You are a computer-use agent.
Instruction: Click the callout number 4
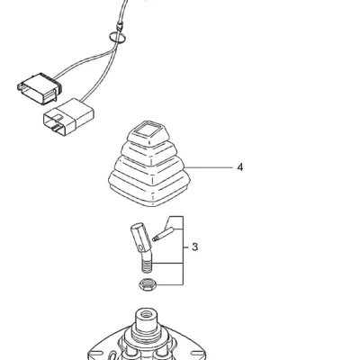tap(239, 167)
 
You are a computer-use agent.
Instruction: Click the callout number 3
tap(194, 247)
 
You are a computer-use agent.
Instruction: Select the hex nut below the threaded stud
tap(147, 284)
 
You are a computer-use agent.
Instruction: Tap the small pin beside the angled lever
tap(163, 234)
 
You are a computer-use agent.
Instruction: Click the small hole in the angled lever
tap(141, 248)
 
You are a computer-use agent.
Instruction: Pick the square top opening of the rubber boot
tap(147, 130)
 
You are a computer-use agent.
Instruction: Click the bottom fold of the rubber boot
tap(149, 191)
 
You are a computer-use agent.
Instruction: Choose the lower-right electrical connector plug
tap(68, 115)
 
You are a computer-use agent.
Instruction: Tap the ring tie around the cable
tap(117, 38)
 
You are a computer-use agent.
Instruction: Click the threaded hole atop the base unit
tap(147, 315)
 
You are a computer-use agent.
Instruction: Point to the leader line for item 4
tap(209, 167)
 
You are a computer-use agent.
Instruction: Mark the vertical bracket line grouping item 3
tap(183, 250)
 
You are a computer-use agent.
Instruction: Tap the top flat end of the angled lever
tap(137, 226)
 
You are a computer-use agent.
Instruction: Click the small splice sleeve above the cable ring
tap(120, 27)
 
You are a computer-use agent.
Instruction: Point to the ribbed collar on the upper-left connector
tap(58, 86)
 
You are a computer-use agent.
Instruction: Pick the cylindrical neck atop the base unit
tap(147, 323)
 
